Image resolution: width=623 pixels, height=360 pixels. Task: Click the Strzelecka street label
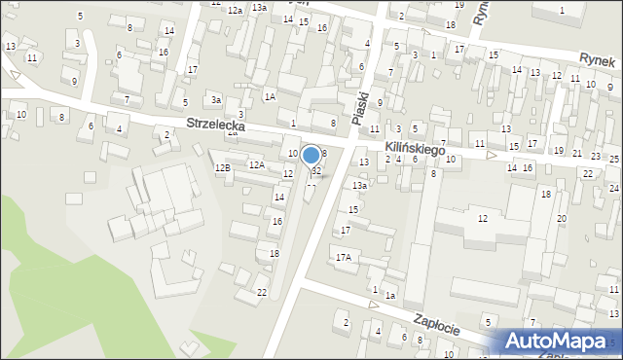(216, 126)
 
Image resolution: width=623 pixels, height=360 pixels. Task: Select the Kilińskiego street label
(415, 150)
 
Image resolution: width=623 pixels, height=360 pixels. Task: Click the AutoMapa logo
(558, 342)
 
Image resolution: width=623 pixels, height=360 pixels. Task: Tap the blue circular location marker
(311, 155)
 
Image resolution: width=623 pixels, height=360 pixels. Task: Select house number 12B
(223, 168)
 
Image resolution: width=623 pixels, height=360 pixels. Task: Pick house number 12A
(256, 165)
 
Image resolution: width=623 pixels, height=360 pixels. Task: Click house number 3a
(216, 99)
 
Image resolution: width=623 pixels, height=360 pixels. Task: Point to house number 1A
(270, 96)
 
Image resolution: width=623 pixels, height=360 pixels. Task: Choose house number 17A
(343, 258)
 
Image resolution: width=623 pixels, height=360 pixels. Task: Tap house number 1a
(389, 296)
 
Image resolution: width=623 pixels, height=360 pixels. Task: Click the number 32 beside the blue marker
(316, 171)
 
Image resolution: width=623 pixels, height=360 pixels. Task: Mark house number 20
(561, 218)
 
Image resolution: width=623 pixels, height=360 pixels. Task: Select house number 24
(613, 188)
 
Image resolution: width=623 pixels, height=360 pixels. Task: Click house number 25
(614, 158)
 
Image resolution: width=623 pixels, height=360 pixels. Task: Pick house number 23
(596, 155)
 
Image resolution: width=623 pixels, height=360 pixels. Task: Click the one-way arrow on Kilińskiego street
(491, 155)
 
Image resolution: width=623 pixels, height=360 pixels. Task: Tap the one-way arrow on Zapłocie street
(373, 305)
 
